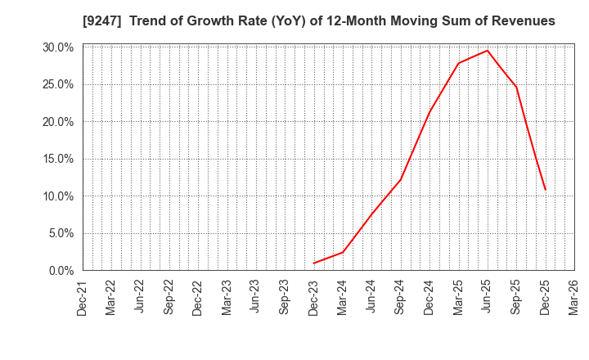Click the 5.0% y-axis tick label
click(x=61, y=233)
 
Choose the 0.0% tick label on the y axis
click(x=61, y=270)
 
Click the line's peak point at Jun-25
click(x=488, y=51)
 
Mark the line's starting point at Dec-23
click(x=314, y=263)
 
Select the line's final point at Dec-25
click(x=546, y=190)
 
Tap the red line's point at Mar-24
click(x=343, y=252)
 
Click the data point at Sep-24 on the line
click(x=401, y=179)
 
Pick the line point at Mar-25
click(x=458, y=64)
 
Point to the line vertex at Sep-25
click(x=516, y=87)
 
